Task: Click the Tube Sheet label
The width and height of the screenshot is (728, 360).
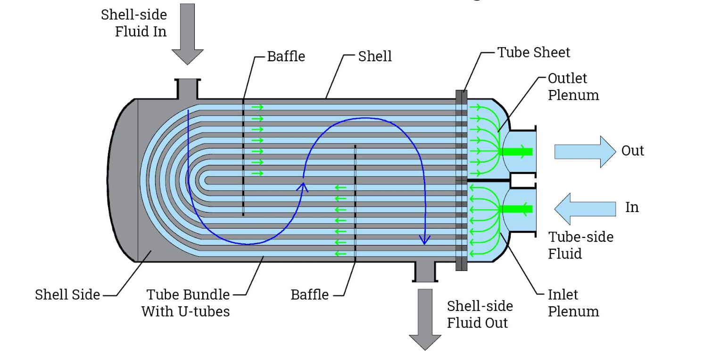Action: tap(533, 52)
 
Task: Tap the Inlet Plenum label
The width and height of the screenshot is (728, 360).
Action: tap(573, 303)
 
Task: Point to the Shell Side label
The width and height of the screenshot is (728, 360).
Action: tap(67, 295)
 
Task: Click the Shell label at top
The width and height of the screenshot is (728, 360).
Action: tap(375, 57)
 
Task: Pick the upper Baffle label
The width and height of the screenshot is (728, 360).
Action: tap(286, 57)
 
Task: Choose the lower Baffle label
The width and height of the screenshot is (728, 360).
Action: tap(309, 295)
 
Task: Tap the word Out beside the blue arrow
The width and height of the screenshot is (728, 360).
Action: tap(632, 151)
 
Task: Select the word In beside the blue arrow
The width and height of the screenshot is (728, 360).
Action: tap(631, 207)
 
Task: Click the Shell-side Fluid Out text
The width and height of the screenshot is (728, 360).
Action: tap(480, 314)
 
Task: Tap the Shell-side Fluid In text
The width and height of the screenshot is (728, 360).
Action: tap(134, 23)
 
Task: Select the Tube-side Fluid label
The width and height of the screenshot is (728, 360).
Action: tap(580, 245)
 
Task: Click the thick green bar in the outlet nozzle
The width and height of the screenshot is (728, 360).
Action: tap(516, 151)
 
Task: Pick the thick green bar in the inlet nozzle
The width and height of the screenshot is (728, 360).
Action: tap(516, 209)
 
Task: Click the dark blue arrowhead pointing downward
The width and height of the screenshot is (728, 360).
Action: tap(425, 240)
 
